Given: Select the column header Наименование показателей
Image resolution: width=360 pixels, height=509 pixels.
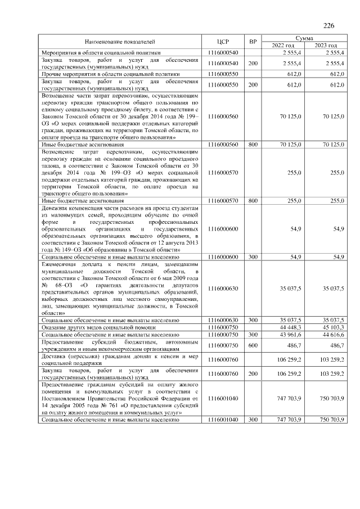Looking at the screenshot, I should [119, 42].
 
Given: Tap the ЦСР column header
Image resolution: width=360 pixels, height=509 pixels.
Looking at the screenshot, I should [223, 42].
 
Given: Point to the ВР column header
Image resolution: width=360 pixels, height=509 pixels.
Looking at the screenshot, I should [253, 42].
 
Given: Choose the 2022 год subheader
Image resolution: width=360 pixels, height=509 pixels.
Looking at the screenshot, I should [283, 45].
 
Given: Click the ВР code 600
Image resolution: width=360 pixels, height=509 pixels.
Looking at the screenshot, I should [253, 345].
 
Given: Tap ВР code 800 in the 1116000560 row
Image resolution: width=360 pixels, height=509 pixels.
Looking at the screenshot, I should [253, 145].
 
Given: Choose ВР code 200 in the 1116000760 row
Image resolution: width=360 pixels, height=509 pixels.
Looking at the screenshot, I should [253, 373].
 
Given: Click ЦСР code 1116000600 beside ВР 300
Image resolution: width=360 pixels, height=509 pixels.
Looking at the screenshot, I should [223, 256].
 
